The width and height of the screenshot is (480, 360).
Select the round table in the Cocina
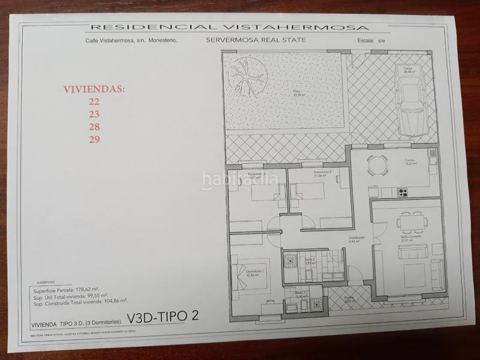[377, 164]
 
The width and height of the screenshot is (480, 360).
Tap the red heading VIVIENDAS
[94, 89]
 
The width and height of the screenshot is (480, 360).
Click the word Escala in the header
[361, 41]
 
